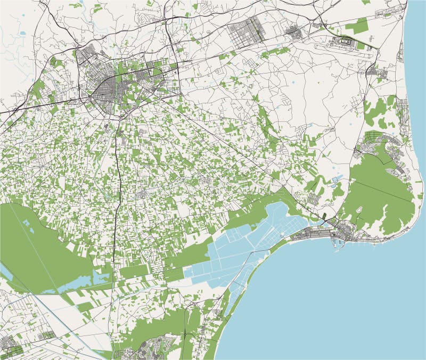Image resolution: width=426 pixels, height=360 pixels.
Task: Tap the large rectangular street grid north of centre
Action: pos(247,29)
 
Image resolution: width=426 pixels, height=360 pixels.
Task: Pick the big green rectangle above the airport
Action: pos(357,25)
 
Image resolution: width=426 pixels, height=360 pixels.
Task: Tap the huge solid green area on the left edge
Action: pos(32,245)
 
